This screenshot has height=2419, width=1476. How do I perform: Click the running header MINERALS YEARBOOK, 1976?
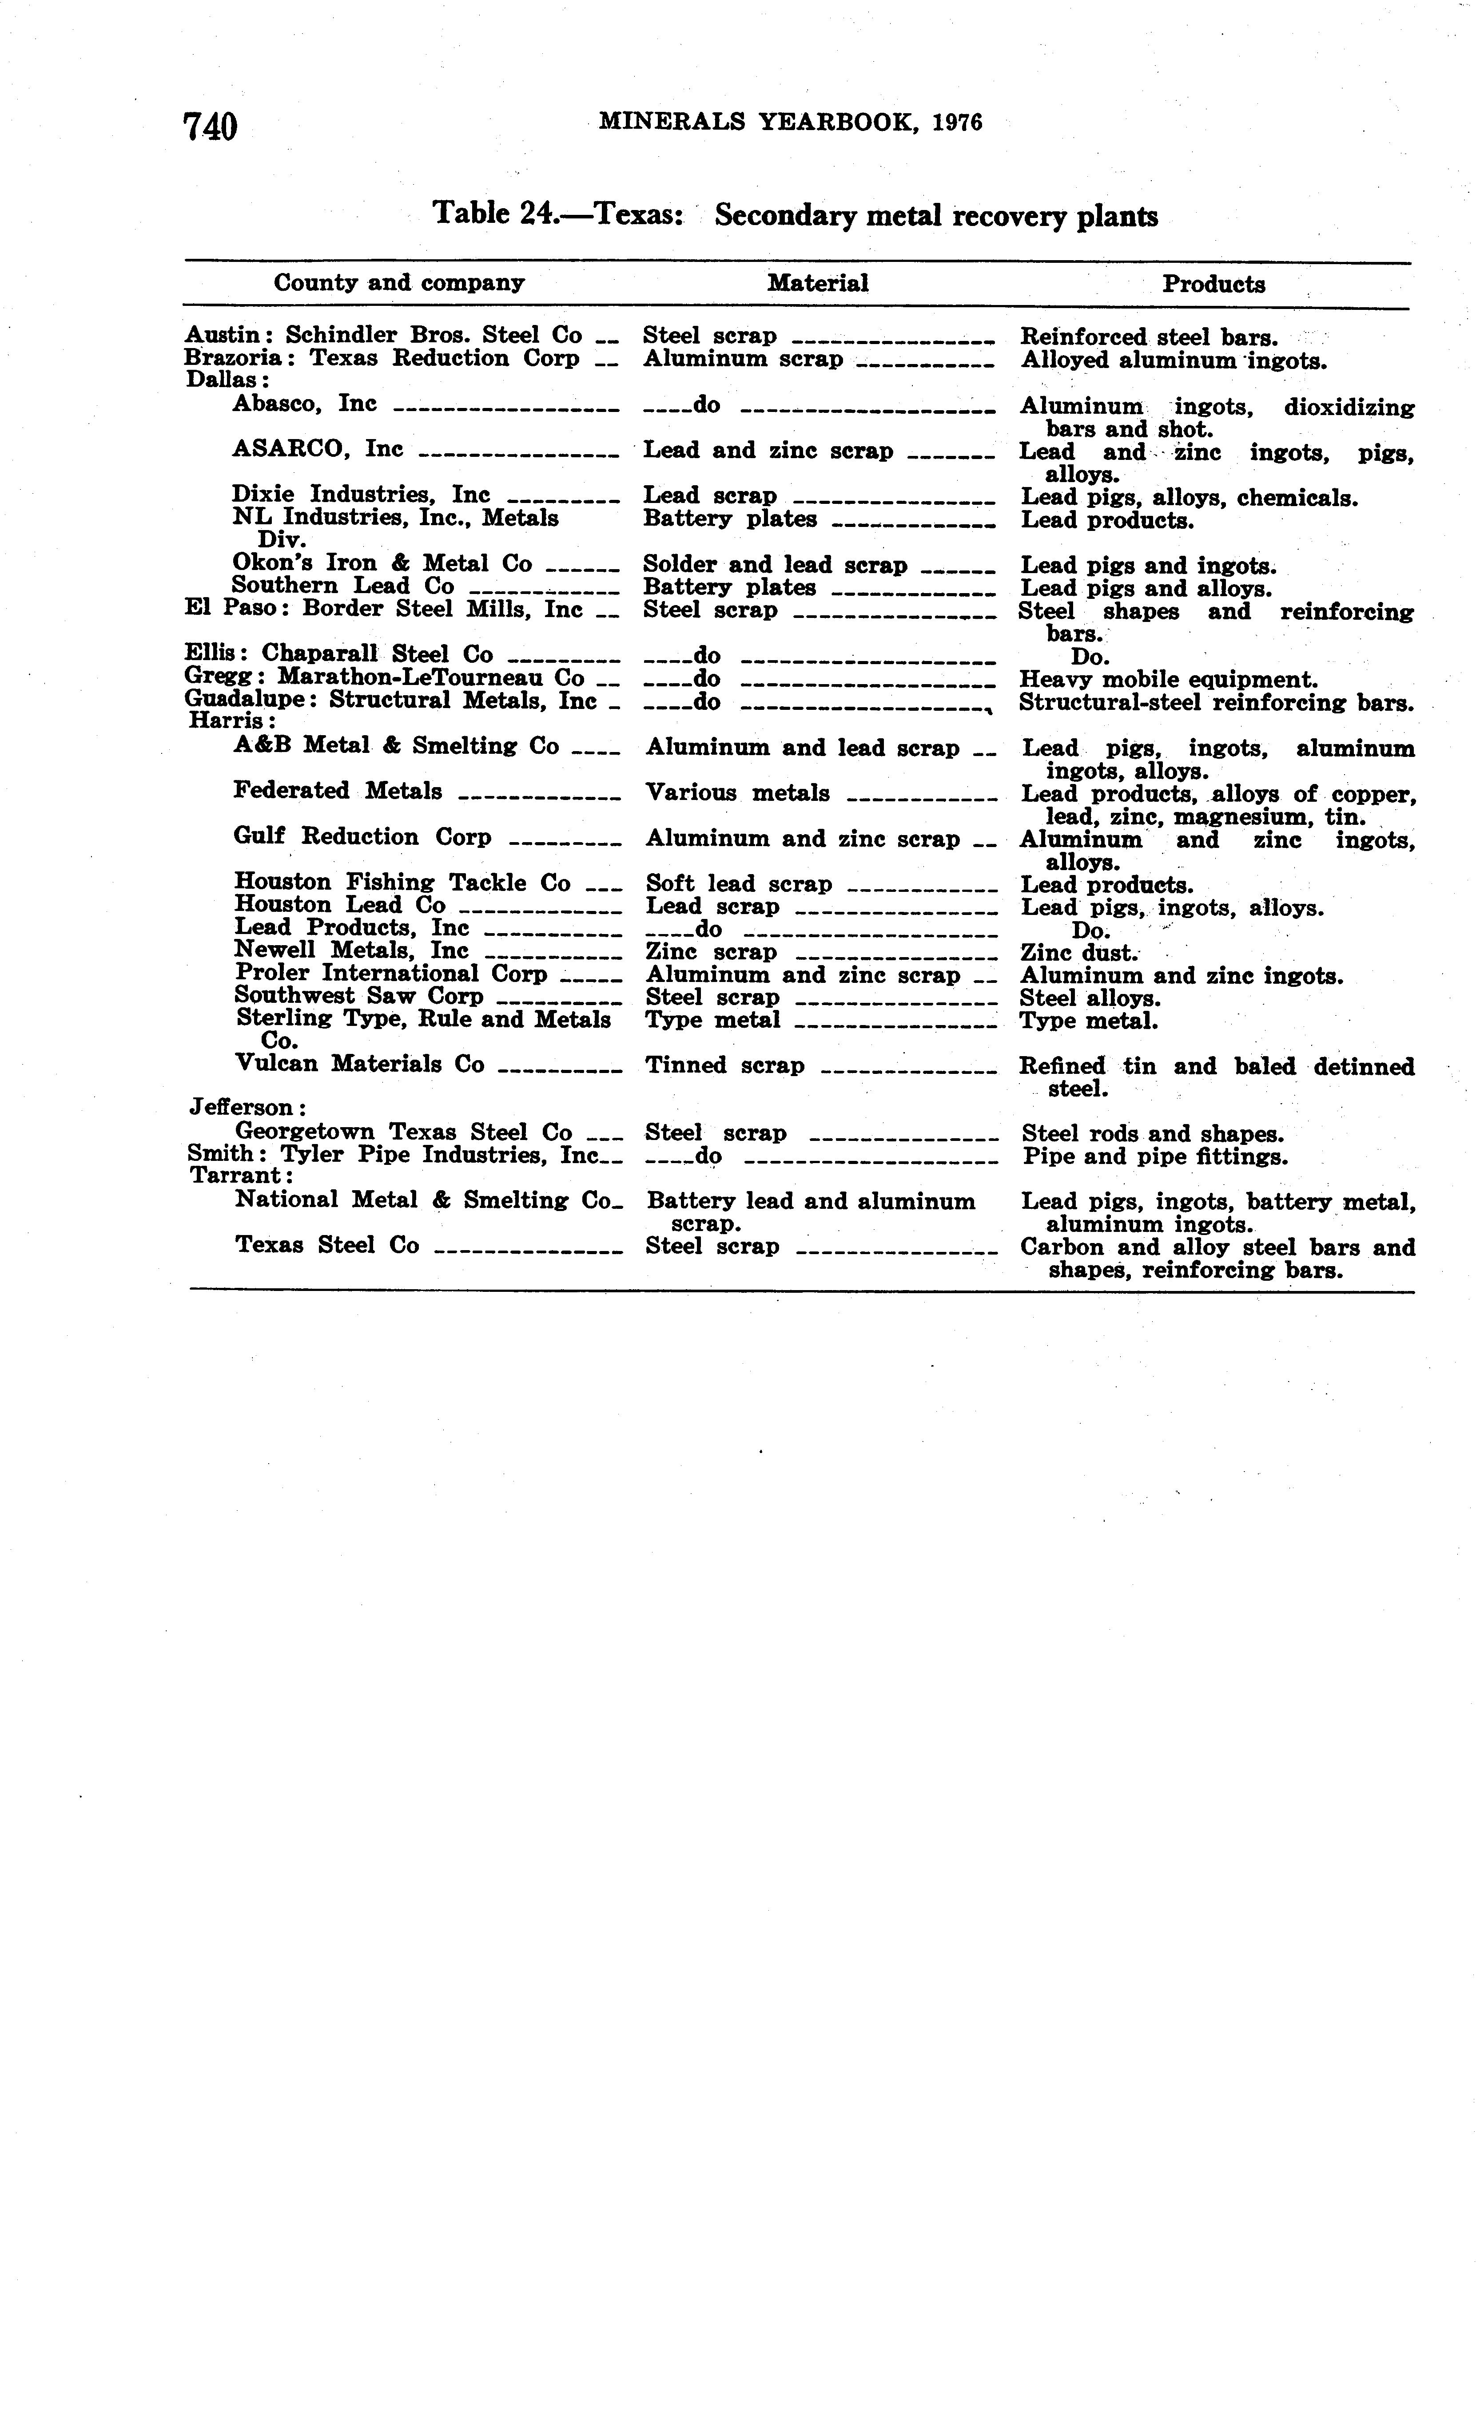791,122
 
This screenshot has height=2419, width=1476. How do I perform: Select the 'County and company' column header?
399,283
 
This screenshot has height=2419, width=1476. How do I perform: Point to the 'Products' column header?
1214,284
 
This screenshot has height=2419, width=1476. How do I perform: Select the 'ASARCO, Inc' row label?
317,449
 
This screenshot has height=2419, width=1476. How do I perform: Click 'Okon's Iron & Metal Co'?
382,562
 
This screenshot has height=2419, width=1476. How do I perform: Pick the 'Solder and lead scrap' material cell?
775,565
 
